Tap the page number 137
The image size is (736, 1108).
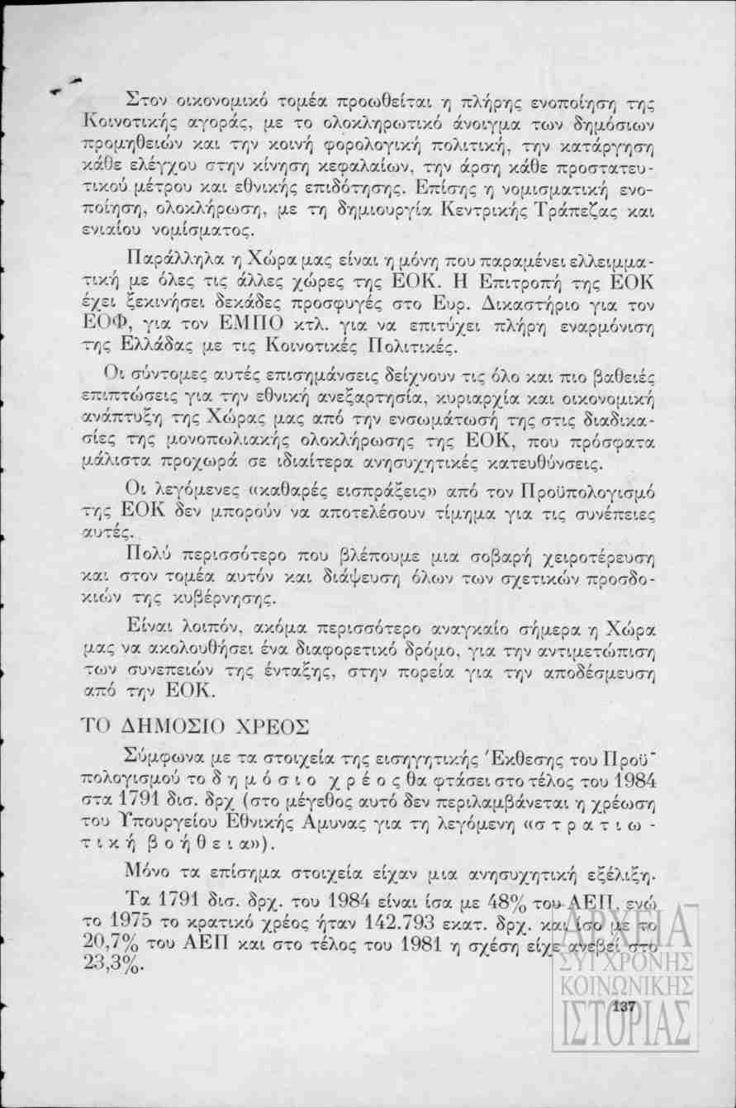pyautogui.click(x=623, y=1006)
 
